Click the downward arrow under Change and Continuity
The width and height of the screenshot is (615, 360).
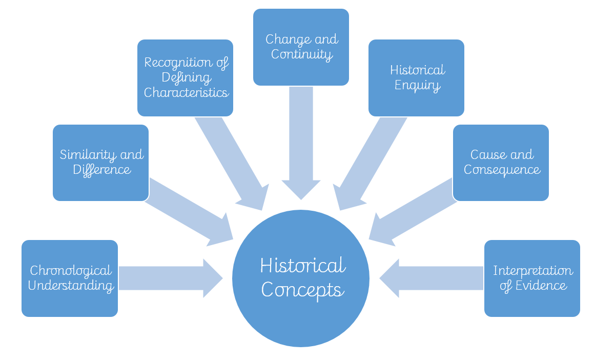point(301,144)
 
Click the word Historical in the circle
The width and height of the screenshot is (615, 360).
point(302,266)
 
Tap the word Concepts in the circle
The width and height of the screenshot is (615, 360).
point(302,290)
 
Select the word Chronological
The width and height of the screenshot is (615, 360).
point(71,271)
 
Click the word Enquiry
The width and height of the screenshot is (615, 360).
point(417,85)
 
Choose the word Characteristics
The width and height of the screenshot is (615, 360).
point(186,93)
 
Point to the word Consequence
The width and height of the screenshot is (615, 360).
point(502,169)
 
